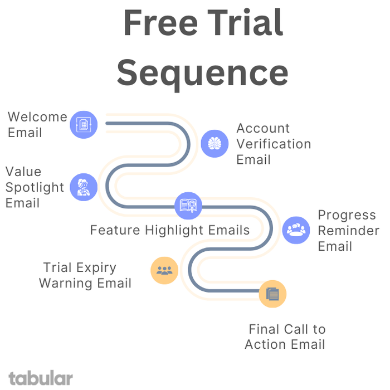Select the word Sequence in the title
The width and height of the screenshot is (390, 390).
pos(202,73)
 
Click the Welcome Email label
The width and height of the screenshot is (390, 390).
pos(37,125)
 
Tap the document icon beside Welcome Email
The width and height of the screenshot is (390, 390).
pos(84,124)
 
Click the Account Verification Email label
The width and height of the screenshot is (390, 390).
pos(273,144)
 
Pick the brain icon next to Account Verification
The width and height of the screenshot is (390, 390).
pos(214,144)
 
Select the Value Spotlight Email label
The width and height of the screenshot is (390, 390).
pos(35,187)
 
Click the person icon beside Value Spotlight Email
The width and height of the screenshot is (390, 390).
pos(84,187)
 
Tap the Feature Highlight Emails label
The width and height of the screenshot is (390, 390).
pos(170,230)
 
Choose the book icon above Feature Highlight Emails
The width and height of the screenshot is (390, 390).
pos(188,206)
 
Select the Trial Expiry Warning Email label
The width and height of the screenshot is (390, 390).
pos(85,275)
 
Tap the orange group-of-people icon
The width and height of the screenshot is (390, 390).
pos(164,271)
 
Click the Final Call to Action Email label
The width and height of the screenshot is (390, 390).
pos(285,337)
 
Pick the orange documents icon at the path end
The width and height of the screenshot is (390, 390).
pos(272,294)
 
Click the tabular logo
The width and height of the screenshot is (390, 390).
pos(41,378)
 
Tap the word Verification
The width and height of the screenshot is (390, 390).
pos(273,144)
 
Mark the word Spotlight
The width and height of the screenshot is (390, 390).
pos(35,187)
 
